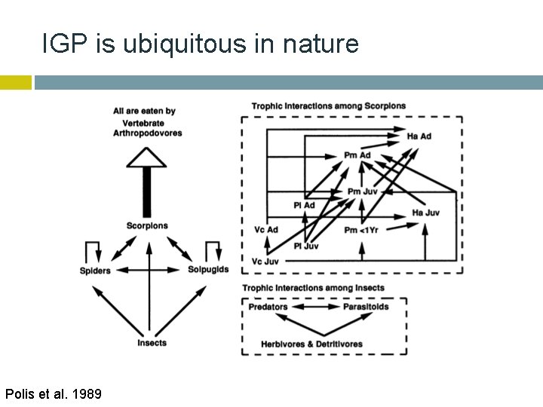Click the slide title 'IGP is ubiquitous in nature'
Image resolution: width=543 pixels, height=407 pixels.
tap(200, 45)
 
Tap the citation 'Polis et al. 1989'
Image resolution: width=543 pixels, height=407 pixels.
tap(53, 393)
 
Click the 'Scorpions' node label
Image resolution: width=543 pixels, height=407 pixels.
tap(148, 225)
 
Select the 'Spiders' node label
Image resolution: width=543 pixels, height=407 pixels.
tap(95, 271)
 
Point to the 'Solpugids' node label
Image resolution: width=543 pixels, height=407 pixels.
tap(208, 270)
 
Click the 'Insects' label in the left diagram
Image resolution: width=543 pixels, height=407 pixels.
tap(152, 343)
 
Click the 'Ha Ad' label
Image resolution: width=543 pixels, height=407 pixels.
tap(419, 136)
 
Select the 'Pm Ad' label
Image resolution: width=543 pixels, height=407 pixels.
tap(357, 155)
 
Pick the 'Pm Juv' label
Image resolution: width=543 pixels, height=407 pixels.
tap(364, 192)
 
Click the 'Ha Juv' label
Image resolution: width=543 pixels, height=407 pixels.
tap(427, 213)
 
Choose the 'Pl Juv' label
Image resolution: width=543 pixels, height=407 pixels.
tap(305, 246)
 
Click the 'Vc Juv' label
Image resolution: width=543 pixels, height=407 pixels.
tap(265, 261)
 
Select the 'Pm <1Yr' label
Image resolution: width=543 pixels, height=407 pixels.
tap(361, 229)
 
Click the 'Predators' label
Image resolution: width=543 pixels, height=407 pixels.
tap(268, 307)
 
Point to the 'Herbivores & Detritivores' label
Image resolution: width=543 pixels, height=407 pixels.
tap(311, 344)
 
